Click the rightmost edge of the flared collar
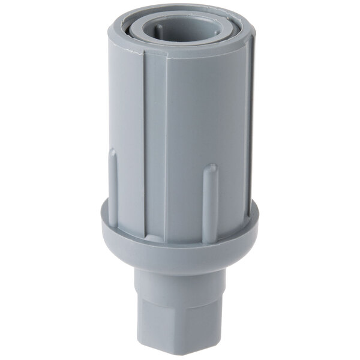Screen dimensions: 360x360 click(259, 216)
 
